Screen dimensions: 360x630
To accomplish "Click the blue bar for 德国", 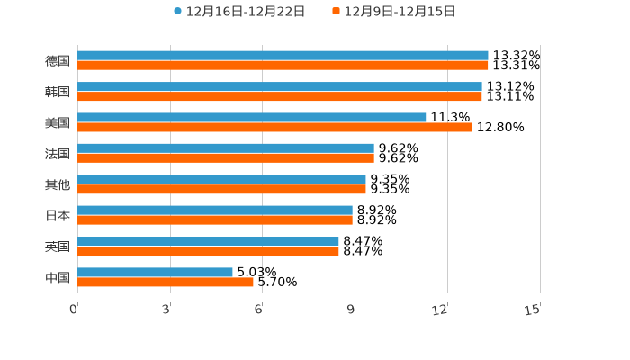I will point(283,56).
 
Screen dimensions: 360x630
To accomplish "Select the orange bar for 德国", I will point(283,66).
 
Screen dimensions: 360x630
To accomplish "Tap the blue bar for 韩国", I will point(280,86).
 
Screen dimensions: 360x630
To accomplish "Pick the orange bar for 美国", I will point(274,127).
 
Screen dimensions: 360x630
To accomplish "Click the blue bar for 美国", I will point(252,117).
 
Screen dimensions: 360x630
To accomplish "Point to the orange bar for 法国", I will point(226,158).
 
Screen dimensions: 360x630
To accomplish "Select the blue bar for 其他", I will point(221,179).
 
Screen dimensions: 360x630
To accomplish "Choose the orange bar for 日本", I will point(215,220).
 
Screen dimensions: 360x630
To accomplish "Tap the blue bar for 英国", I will point(208,241).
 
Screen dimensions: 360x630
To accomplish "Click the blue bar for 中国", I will point(155,272).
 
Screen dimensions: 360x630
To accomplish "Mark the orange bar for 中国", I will point(166,283).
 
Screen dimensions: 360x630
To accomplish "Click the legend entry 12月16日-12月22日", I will point(239,12).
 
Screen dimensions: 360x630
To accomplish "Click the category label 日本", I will point(58,216).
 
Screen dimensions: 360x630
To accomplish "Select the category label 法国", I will point(58,154).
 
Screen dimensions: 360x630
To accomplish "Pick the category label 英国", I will point(58,247).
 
